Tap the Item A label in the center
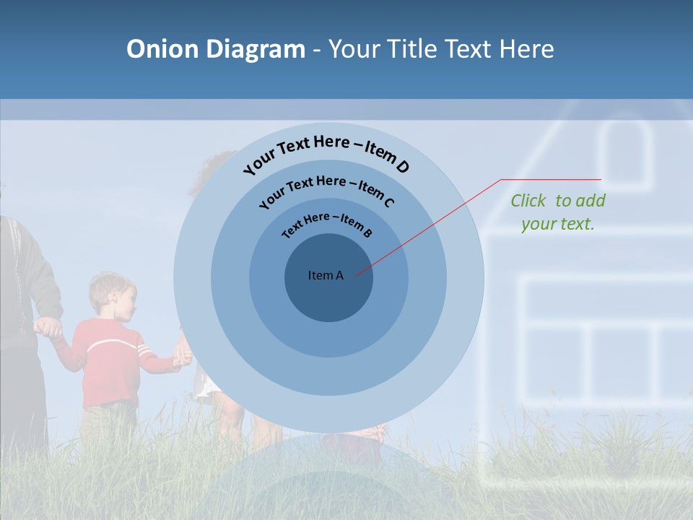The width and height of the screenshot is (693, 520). tap(326, 275)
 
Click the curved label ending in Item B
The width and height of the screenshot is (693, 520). tap(327, 225)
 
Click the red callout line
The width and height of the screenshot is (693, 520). tap(433, 224)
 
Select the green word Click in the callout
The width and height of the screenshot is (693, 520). tap(528, 201)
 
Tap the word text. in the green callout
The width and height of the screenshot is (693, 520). tap(577, 224)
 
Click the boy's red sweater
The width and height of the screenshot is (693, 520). tap(108, 361)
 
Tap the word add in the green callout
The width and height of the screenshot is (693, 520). tap(591, 201)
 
